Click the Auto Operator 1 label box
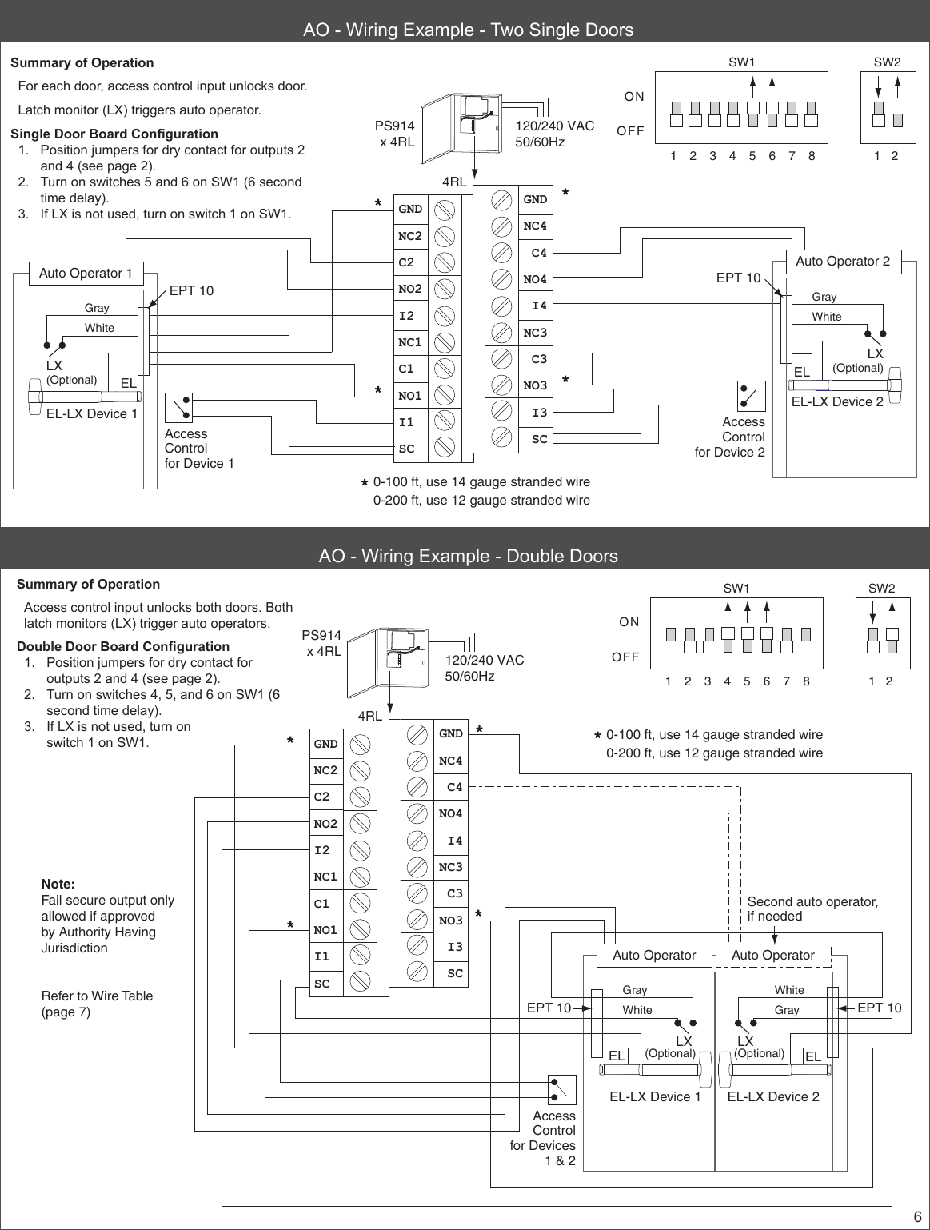point(86,274)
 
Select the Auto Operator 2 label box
point(843,262)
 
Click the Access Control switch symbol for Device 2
point(751,396)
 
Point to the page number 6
point(918,1217)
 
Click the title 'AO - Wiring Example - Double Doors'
point(468,556)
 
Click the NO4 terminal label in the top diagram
point(535,279)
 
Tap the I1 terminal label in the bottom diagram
point(322,956)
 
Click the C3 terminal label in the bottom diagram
point(454,893)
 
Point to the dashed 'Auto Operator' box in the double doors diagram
point(772,955)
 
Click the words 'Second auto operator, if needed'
point(812,909)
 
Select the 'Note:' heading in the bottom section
point(58,885)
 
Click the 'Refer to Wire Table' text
point(97,996)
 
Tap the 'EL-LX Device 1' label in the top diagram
point(92,413)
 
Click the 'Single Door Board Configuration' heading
point(114,134)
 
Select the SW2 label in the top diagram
point(887,62)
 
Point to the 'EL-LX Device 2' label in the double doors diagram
point(773,1096)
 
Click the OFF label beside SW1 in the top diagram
point(630,130)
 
